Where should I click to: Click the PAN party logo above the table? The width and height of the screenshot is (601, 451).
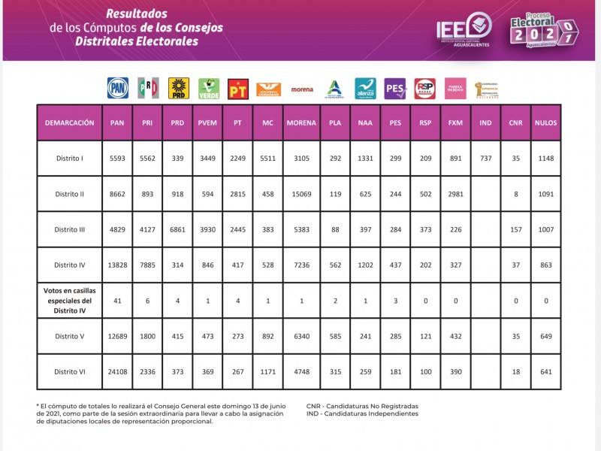point(118,88)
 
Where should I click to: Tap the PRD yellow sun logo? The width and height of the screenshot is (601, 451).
point(178,88)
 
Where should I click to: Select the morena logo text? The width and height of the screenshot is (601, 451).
point(302,89)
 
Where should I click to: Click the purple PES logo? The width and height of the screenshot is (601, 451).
point(394,89)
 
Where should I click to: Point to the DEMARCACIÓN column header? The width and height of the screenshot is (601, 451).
point(69,123)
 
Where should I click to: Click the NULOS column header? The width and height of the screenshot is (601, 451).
point(545,123)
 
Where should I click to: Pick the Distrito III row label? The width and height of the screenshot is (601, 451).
point(69,229)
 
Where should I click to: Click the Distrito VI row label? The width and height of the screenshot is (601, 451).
point(69,371)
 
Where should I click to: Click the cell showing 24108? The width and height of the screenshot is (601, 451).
point(117,371)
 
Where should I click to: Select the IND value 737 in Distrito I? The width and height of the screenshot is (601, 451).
point(485,159)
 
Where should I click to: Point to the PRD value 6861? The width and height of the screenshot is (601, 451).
point(177,229)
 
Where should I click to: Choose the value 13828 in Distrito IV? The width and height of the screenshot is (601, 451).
point(117,265)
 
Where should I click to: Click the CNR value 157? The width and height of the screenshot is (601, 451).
point(515,229)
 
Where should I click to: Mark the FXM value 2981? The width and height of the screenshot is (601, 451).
point(455,194)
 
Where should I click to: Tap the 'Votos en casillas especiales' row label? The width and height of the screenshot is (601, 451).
point(69,300)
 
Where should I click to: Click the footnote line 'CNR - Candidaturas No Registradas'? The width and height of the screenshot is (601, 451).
point(362,405)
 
